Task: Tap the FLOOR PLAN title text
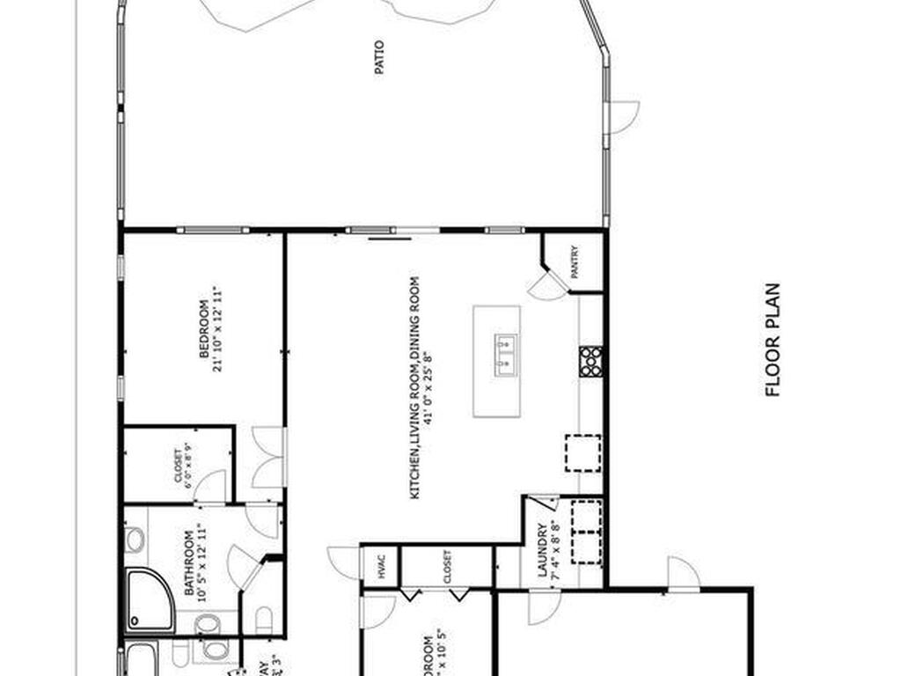coord(773,339)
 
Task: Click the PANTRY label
coord(575,262)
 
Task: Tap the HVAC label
coord(381,566)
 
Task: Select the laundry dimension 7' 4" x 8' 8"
coord(555,551)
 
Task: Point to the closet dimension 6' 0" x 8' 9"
coord(187,467)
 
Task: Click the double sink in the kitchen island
coord(506,355)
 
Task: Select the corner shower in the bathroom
coord(149,600)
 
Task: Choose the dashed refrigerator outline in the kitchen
coord(582,452)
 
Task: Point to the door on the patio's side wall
coord(622,117)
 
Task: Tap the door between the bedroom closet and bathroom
coord(211,488)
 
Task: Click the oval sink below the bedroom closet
coord(134,540)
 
